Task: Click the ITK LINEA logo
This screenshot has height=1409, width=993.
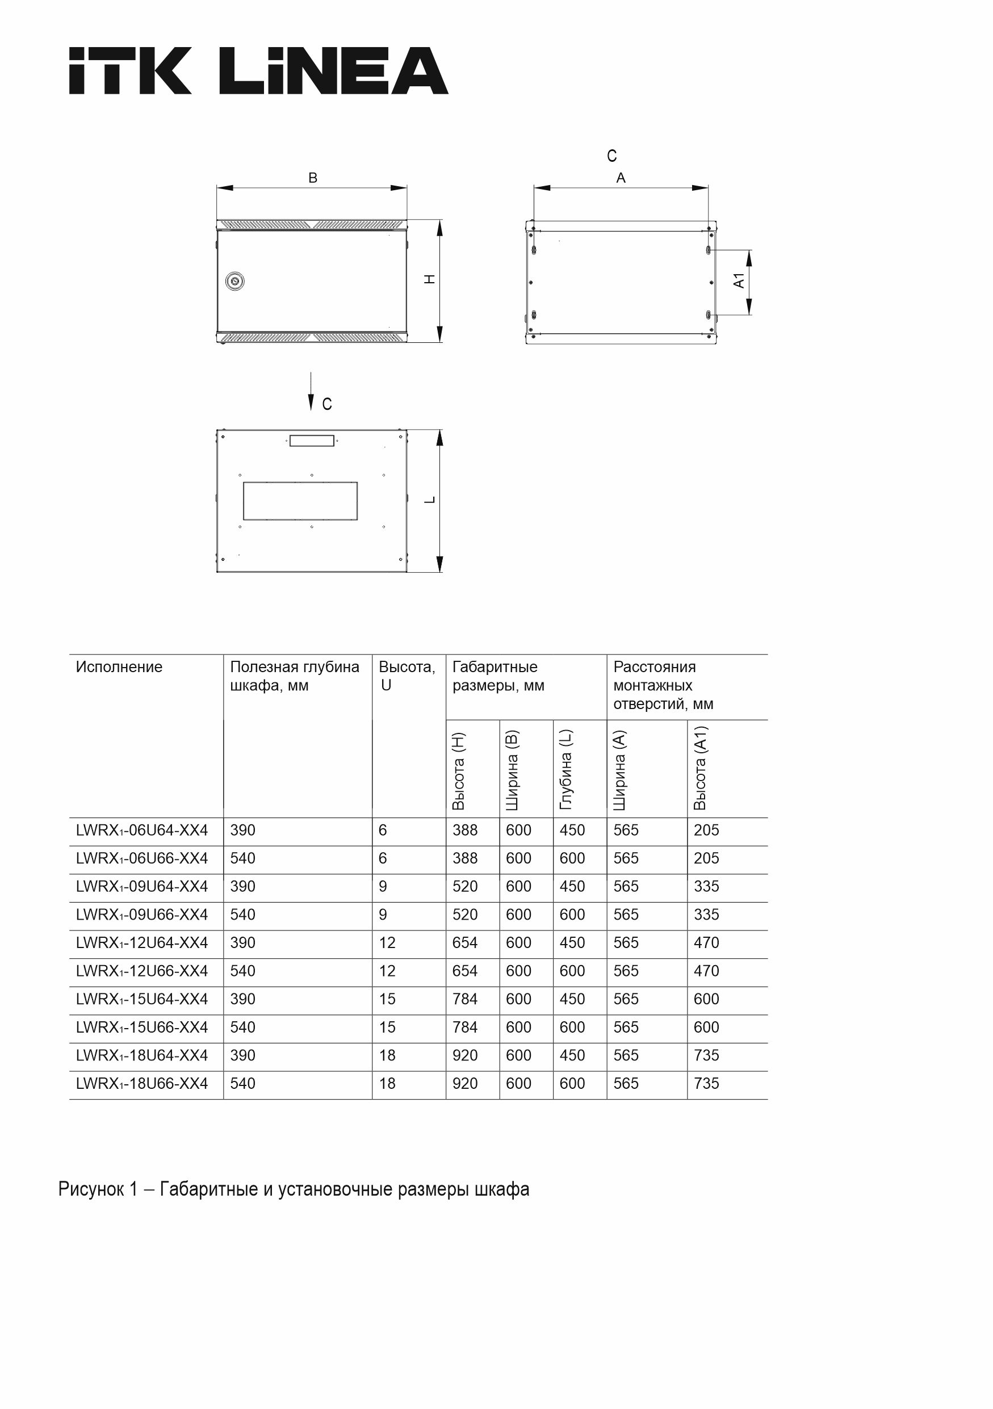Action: [x=258, y=70]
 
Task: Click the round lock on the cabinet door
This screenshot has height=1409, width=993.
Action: [x=235, y=281]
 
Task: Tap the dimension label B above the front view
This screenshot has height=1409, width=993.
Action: [x=312, y=178]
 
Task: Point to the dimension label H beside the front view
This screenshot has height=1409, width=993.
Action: [x=430, y=279]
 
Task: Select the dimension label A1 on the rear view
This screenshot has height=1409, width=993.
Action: [x=739, y=281]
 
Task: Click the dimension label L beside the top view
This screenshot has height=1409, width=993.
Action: [x=430, y=500]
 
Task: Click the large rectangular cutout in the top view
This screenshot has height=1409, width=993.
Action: [x=300, y=501]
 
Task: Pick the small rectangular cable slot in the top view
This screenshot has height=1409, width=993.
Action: [x=312, y=441]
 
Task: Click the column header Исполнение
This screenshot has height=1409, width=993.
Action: [x=119, y=667]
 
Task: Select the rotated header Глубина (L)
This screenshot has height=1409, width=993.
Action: [x=566, y=770]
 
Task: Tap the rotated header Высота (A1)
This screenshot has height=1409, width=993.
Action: [x=700, y=768]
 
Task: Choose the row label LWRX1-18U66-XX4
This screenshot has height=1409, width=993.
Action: [x=142, y=1083]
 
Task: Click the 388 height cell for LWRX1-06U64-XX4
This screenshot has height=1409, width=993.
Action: [x=464, y=831]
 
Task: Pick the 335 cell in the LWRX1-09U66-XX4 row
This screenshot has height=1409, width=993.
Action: [x=706, y=915]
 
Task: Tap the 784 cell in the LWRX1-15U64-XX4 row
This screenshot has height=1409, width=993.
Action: [x=464, y=999]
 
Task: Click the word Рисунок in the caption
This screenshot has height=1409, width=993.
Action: [x=91, y=1189]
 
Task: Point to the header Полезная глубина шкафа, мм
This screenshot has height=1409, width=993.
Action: [x=294, y=676]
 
